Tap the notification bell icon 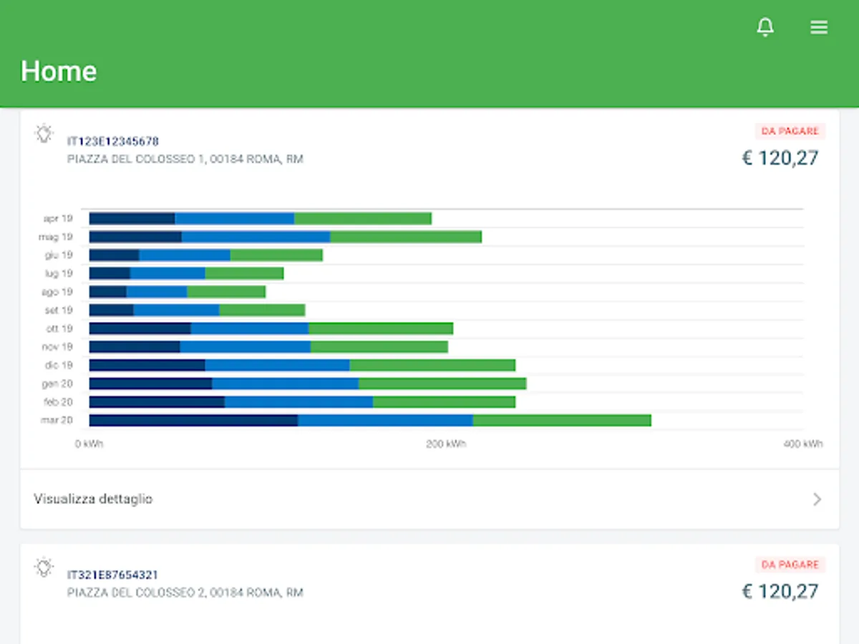click(x=765, y=27)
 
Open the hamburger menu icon click(x=819, y=27)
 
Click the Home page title click(x=59, y=71)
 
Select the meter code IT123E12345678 click(x=113, y=141)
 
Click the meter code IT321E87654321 click(x=113, y=575)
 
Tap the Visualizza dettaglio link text click(x=93, y=499)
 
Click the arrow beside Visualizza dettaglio click(x=817, y=499)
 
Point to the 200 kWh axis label click(x=446, y=444)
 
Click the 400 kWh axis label click(x=802, y=444)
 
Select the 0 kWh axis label click(x=89, y=444)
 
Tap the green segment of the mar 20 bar click(x=562, y=420)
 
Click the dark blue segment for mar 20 click(x=193, y=420)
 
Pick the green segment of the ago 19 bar click(x=226, y=292)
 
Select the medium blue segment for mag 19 click(x=256, y=236)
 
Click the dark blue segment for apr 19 click(x=132, y=218)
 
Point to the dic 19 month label click(x=57, y=366)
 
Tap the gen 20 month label click(x=57, y=384)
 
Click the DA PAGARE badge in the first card click(x=790, y=131)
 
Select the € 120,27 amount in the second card click(x=780, y=591)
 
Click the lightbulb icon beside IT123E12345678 click(x=44, y=133)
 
